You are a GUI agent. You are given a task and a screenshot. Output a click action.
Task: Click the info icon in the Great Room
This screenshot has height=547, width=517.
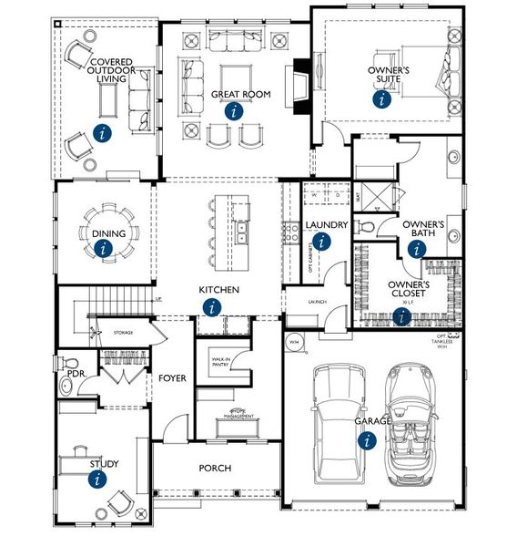[x=235, y=112]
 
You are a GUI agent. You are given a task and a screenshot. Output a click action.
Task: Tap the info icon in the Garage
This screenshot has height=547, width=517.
[x=367, y=440]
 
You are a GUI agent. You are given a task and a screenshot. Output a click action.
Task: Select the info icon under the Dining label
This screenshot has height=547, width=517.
[x=105, y=248]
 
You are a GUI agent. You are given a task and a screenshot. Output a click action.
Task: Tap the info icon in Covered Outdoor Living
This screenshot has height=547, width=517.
[x=104, y=133]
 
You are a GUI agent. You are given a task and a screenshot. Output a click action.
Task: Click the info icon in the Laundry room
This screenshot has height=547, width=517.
[x=321, y=242]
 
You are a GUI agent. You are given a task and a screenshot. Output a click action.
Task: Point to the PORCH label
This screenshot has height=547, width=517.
[x=216, y=469]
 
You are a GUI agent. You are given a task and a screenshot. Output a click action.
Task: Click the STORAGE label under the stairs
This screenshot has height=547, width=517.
[x=123, y=333]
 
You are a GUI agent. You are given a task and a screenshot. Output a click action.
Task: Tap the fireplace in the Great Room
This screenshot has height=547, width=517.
[x=299, y=88]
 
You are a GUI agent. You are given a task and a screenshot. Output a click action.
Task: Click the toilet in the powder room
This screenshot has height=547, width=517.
[x=66, y=388]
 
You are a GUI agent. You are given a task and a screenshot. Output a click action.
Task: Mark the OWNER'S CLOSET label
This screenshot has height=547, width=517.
[x=409, y=290]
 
